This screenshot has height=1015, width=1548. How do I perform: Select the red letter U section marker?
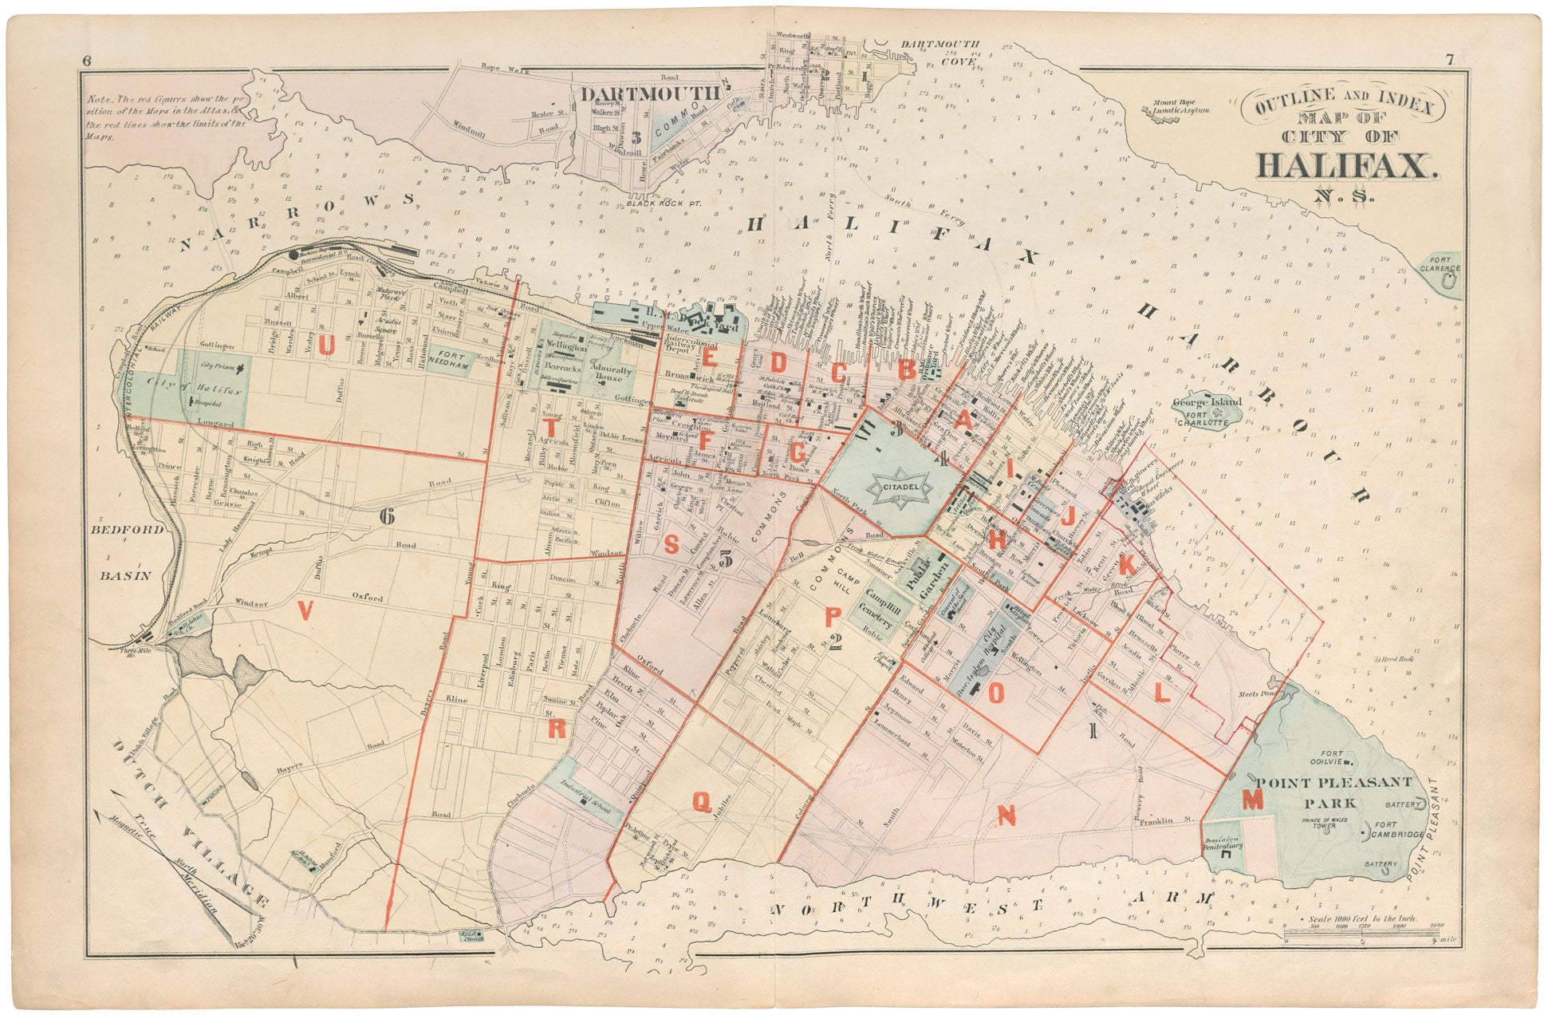pyautogui.click(x=327, y=346)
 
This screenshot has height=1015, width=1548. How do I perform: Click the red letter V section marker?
pyautogui.click(x=303, y=610)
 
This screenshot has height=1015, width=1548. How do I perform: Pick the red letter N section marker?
pyautogui.click(x=1006, y=816)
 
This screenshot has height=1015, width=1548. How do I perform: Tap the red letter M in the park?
pyautogui.click(x=1253, y=799)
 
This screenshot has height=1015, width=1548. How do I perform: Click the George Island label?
pyautogui.click(x=1207, y=404)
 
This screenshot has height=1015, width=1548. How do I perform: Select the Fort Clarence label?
pyautogui.click(x=1440, y=263)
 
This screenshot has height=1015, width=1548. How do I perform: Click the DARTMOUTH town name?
pyautogui.click(x=649, y=93)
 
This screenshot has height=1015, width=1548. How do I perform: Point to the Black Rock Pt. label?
pyautogui.click(x=662, y=204)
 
